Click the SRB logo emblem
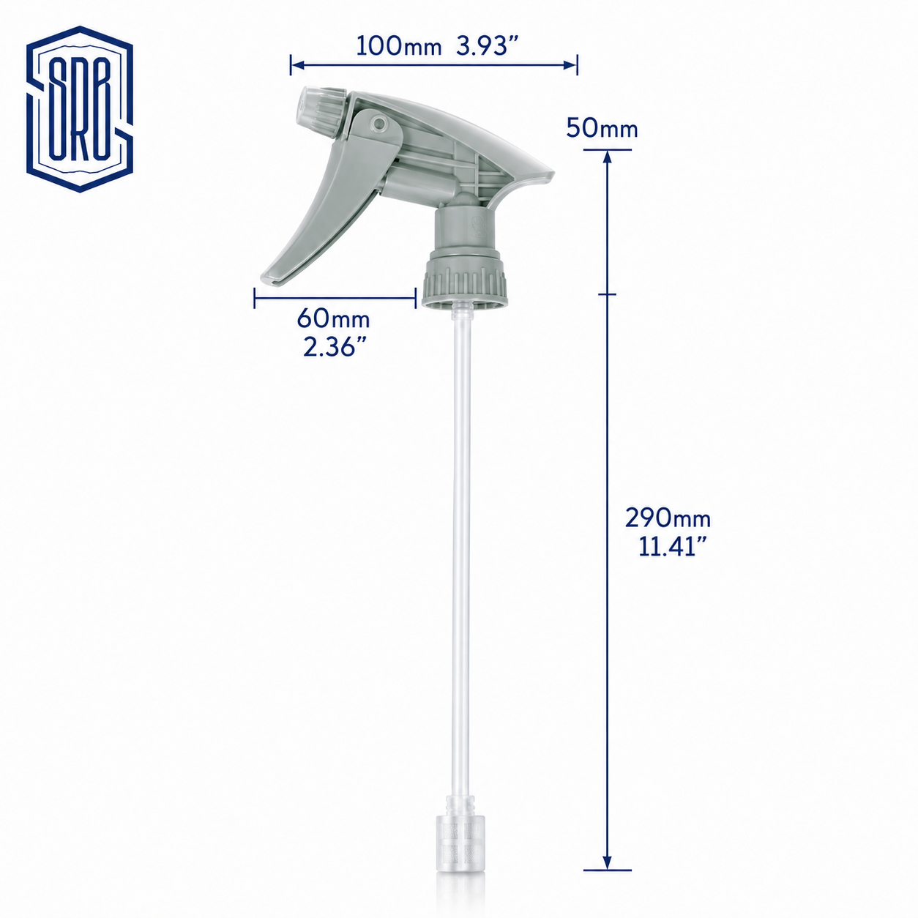[80, 109]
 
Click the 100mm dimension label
[399, 47]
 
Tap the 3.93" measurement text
[487, 46]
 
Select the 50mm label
[602, 129]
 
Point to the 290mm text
[668, 518]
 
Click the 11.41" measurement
[672, 546]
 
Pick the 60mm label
[334, 318]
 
